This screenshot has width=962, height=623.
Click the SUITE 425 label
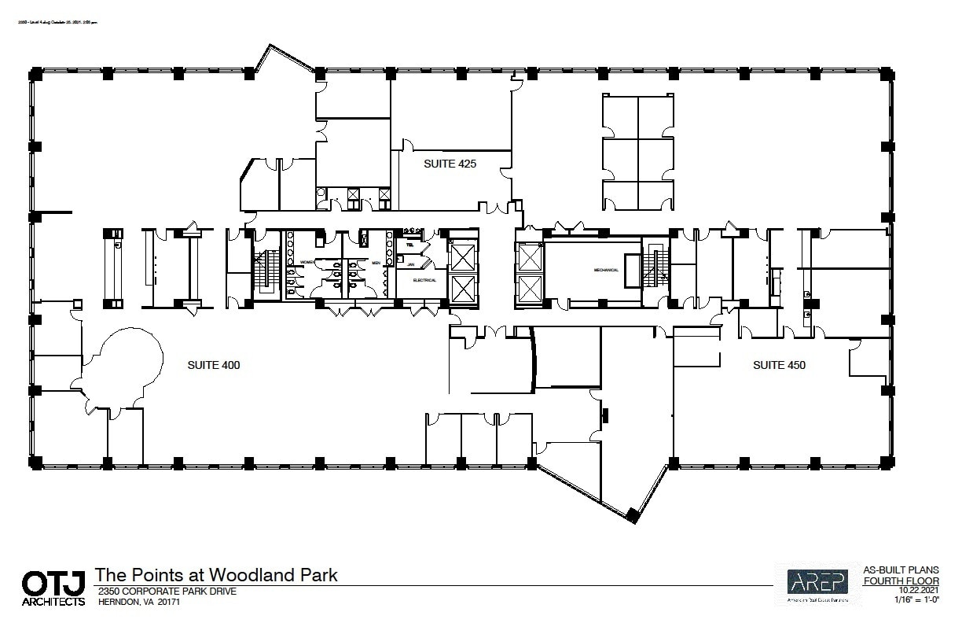click(x=450, y=164)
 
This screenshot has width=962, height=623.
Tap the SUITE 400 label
click(x=214, y=365)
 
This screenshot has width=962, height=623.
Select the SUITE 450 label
click(x=779, y=365)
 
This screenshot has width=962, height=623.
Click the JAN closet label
click(x=409, y=265)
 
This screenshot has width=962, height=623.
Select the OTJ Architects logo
click(x=53, y=588)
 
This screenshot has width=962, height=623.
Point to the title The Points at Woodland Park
click(x=216, y=575)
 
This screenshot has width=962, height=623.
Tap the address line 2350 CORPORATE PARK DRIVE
click(x=165, y=592)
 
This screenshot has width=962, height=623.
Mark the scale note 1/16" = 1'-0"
click(x=916, y=599)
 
